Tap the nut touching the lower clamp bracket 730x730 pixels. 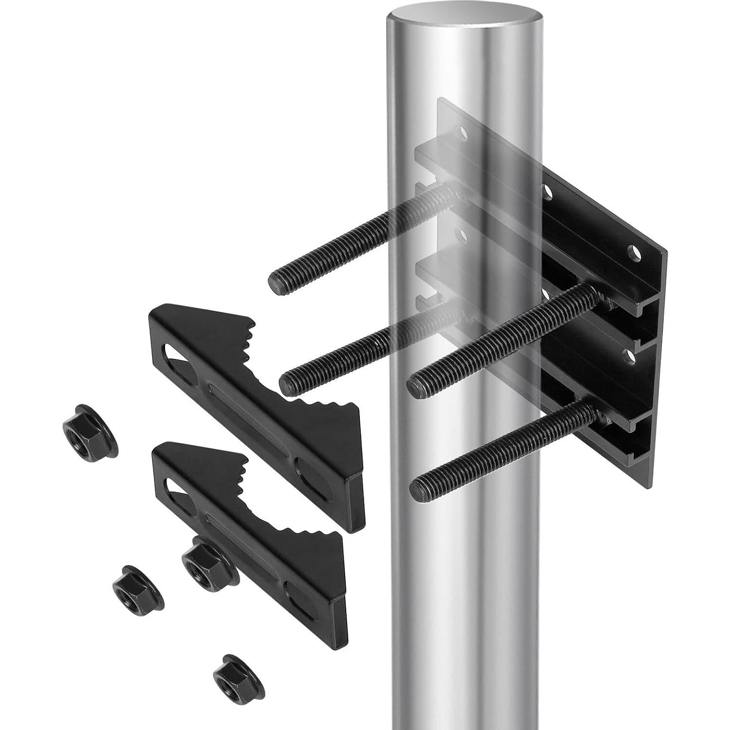click(x=204, y=559)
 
